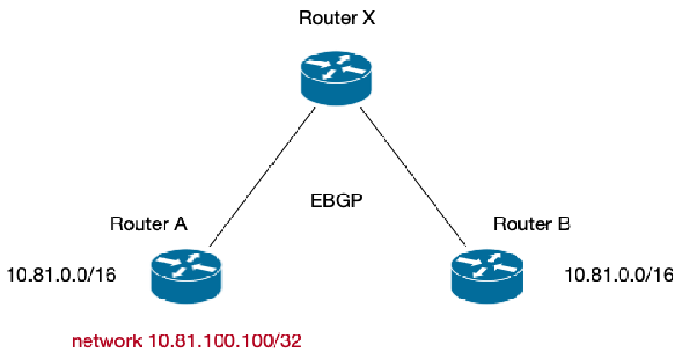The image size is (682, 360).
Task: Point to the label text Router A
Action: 148,224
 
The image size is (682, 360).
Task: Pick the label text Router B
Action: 531,224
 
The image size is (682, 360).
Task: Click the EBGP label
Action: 338,202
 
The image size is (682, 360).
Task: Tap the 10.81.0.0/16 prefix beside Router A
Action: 61,275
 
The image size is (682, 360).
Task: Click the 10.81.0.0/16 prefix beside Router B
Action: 619,275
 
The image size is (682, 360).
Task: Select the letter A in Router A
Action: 180,224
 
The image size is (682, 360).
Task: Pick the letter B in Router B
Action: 563,224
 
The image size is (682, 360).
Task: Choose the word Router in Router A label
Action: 139,224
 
